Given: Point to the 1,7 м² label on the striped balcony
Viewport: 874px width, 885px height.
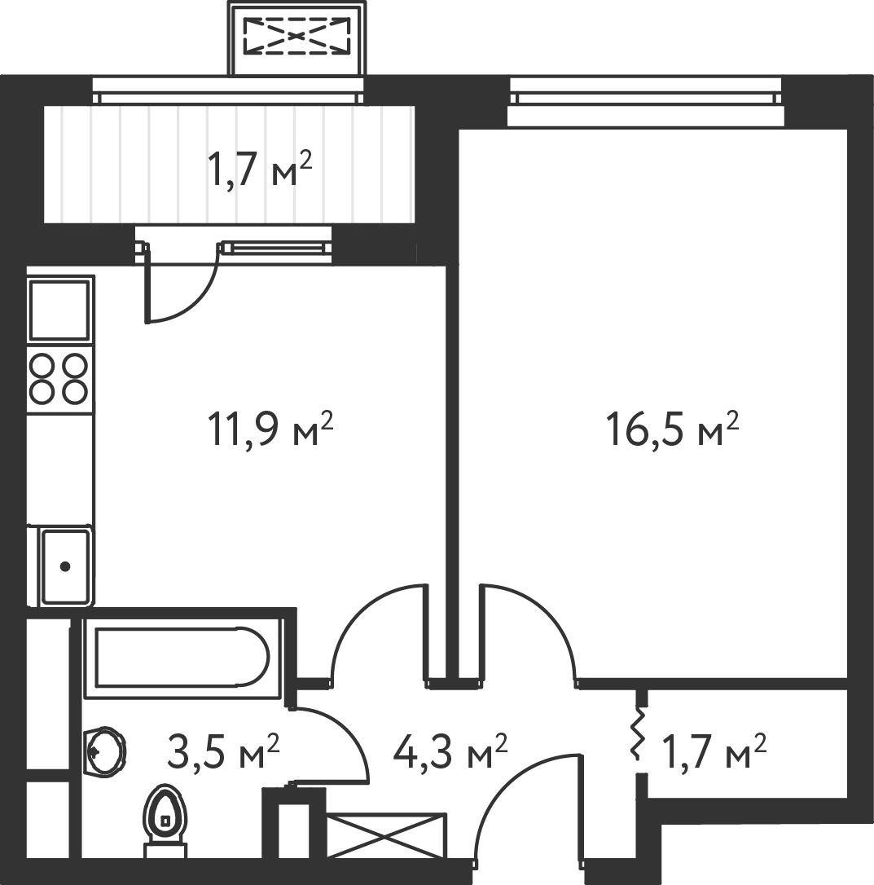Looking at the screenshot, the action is click(x=260, y=170).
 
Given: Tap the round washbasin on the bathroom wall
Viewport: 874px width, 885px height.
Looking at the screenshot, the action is click(x=104, y=752).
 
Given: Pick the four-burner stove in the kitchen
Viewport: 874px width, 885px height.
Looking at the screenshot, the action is click(x=59, y=378).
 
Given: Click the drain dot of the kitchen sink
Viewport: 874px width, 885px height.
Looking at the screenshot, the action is click(x=65, y=566).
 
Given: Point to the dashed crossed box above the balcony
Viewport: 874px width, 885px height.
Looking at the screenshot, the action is click(x=296, y=36).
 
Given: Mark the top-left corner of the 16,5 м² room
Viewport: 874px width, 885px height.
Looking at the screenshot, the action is click(x=459, y=130).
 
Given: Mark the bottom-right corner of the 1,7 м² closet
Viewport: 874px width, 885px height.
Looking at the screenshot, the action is click(x=847, y=798).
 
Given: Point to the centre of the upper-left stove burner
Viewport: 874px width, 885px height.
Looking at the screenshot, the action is click(x=42, y=366).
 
